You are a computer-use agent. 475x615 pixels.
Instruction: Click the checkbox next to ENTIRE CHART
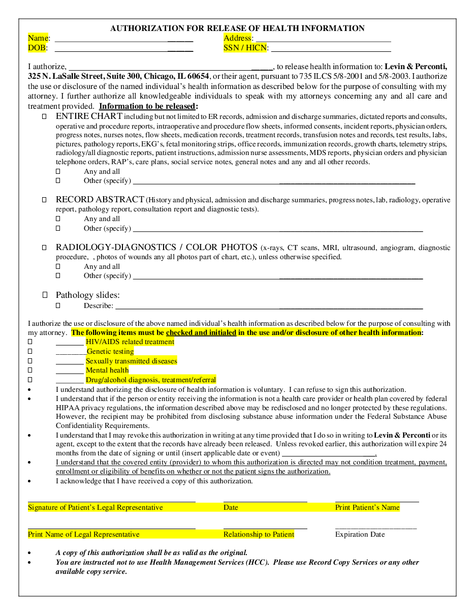(x=44, y=116)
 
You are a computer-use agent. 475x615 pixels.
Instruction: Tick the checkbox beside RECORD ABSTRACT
(x=44, y=200)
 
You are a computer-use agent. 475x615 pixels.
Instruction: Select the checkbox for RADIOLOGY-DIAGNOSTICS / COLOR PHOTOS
(x=44, y=248)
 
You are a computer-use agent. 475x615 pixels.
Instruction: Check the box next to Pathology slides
(x=45, y=295)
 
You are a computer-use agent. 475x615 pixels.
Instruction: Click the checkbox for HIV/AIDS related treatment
(x=30, y=342)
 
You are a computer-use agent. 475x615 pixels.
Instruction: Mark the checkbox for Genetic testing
(x=30, y=352)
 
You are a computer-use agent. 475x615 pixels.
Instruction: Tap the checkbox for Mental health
(x=30, y=371)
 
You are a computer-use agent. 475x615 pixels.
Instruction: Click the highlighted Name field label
(x=39, y=38)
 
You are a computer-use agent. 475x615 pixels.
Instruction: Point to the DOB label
(x=38, y=48)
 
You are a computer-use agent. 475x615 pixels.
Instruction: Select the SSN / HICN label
(x=246, y=48)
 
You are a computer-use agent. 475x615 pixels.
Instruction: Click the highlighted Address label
(x=238, y=38)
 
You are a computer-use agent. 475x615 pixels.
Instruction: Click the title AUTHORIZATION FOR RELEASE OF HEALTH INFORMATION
(x=237, y=28)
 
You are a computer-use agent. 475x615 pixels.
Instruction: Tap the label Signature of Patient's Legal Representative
(x=96, y=507)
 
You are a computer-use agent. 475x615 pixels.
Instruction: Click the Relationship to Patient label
(x=259, y=534)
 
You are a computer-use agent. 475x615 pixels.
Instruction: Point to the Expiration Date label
(x=360, y=534)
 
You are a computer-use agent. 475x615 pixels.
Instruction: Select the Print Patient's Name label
(x=367, y=507)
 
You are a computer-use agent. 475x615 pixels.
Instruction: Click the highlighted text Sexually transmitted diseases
(x=131, y=361)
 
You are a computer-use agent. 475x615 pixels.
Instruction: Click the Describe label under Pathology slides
(x=99, y=305)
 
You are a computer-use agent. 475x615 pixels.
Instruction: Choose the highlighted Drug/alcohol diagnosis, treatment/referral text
(x=150, y=380)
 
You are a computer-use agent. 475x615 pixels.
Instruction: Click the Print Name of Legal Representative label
(x=84, y=534)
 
